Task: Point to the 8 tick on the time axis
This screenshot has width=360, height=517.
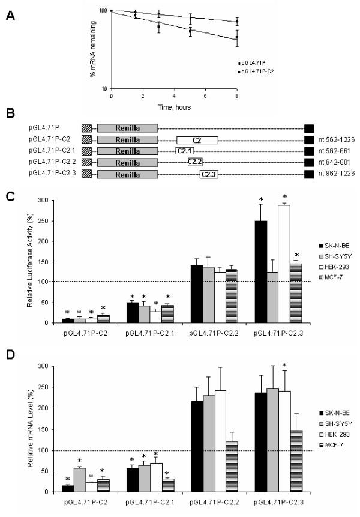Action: [x=237, y=96]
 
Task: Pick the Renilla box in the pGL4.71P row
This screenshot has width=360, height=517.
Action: [x=127, y=128]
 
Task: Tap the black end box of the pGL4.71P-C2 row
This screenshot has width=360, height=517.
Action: [x=308, y=139]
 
